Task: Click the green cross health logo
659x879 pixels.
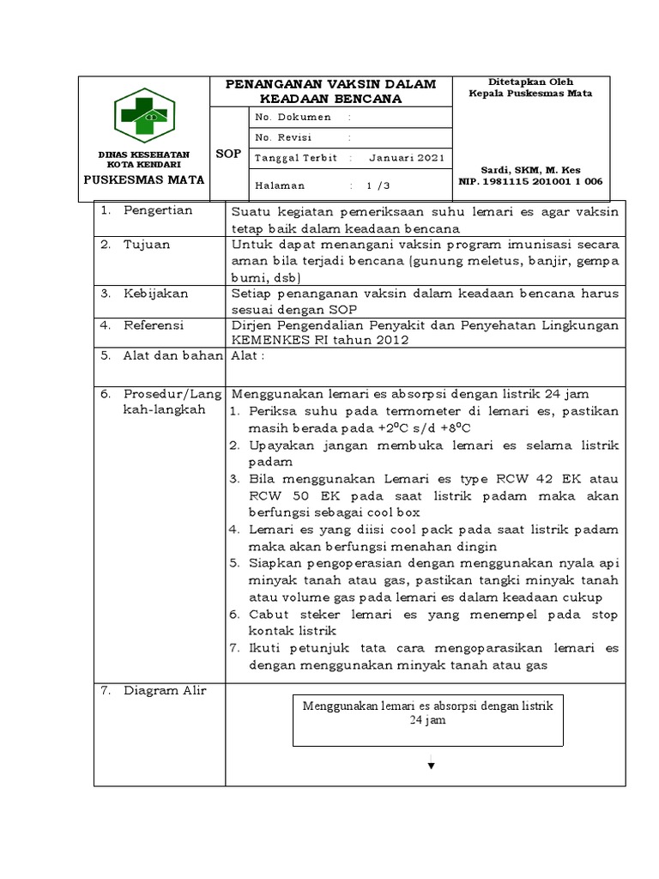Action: [144, 114]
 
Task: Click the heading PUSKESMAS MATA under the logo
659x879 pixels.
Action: [144, 180]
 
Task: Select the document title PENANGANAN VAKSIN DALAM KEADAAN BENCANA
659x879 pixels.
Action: [330, 91]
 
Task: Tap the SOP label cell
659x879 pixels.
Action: [229, 155]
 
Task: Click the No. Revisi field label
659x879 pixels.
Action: [284, 138]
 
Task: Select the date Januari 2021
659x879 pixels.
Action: [407, 159]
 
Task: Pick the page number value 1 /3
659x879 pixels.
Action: [378, 185]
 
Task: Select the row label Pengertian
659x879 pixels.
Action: [158, 211]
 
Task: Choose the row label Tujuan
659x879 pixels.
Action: [147, 245]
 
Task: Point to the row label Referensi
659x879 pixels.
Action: [154, 326]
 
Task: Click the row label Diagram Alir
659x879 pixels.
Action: [165, 691]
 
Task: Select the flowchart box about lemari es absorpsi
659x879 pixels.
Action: [428, 713]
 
